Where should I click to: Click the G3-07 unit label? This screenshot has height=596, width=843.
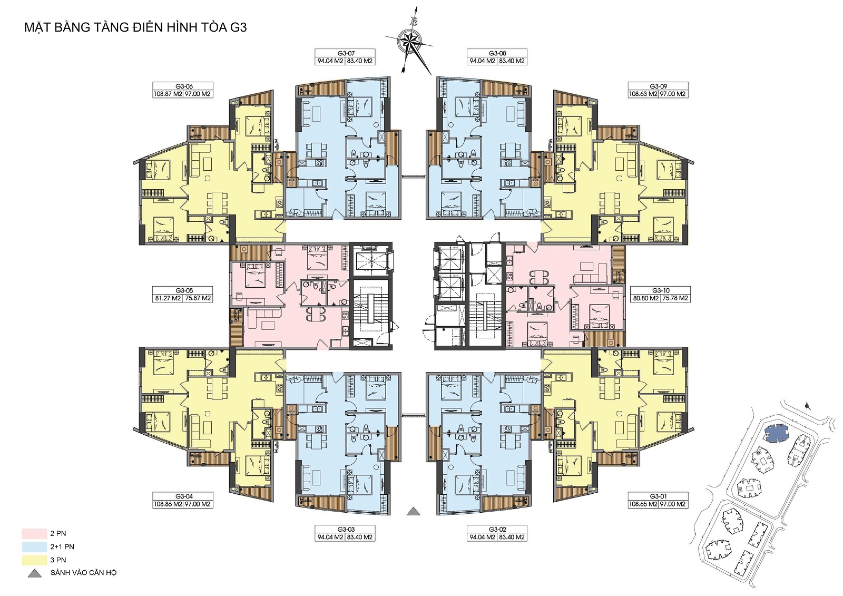[345, 53]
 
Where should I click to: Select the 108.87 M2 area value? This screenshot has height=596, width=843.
[168, 94]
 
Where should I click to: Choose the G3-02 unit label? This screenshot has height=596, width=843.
[497, 530]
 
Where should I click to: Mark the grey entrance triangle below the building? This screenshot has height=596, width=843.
[414, 511]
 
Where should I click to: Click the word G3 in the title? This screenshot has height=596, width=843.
[238, 28]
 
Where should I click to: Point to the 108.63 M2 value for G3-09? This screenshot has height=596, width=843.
[642, 94]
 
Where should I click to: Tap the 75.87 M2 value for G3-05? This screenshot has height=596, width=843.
[198, 298]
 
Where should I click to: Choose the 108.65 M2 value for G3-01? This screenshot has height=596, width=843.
[642, 504]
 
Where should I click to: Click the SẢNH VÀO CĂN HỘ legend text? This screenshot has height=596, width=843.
[84, 573]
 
